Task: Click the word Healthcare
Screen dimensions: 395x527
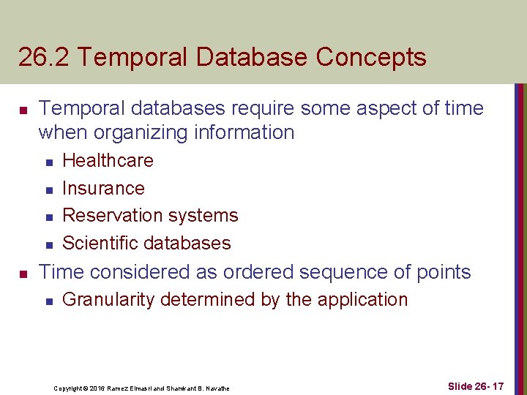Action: point(108,160)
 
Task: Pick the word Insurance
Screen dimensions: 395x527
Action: point(103,188)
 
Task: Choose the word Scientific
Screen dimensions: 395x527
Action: point(96,244)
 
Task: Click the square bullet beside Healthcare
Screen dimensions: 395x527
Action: point(47,162)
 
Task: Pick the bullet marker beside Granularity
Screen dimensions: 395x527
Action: point(47,301)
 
